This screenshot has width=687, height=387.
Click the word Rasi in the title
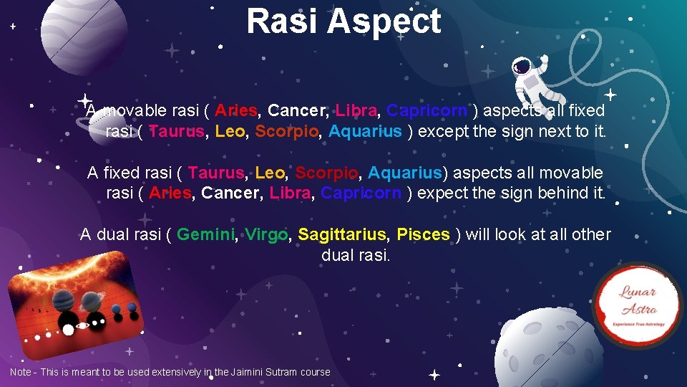tap(281, 21)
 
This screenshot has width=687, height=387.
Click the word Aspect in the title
tap(384, 23)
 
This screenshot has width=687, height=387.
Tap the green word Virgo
tap(266, 234)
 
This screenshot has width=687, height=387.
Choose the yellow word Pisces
tap(423, 234)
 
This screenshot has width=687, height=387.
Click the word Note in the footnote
tap(21, 372)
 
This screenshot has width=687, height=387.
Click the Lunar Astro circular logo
tap(636, 305)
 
